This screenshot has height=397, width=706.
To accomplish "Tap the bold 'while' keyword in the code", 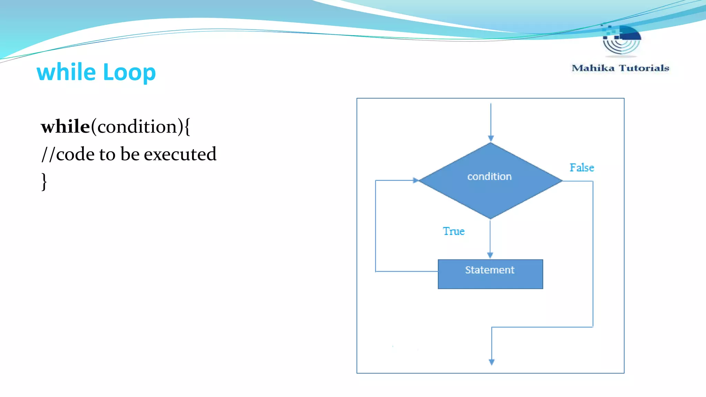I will coord(65,126).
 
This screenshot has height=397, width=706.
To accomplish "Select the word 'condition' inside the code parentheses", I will coord(137,127).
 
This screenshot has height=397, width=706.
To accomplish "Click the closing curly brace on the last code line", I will coord(44,181).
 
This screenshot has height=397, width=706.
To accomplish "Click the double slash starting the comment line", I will coord(48,154).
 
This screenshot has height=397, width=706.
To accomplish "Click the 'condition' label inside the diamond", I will coord(489,176).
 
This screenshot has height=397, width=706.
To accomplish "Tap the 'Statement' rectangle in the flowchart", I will coord(490,274).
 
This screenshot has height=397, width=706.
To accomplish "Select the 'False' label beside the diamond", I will coord(582,167).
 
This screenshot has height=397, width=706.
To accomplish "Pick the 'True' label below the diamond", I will coord(454,231).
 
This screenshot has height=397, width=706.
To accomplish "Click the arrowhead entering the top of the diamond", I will coord(491,139).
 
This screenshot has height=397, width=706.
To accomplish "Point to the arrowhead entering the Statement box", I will coord(490,255).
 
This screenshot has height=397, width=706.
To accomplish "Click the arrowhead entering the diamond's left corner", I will coord(416,180).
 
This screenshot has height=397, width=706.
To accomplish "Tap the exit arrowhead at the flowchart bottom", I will coord(492,362).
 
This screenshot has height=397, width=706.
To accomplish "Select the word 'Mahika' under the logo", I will coord(593,68).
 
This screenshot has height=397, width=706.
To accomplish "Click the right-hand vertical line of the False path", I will coord(593,255).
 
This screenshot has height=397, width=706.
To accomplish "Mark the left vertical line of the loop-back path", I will coord(375,226).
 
